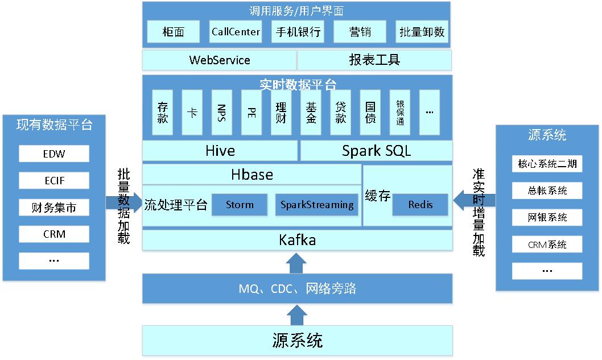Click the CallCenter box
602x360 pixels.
(x=236, y=32)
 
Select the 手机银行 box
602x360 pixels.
(x=298, y=32)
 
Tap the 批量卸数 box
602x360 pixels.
(x=422, y=32)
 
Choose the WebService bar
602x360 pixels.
(x=219, y=60)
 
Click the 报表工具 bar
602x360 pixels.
(x=374, y=60)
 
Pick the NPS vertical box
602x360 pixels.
(x=221, y=112)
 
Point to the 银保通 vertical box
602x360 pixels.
(x=399, y=112)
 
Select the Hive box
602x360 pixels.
(x=220, y=151)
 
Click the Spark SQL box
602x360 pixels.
(x=376, y=151)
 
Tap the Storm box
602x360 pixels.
(x=240, y=205)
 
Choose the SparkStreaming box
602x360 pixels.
(x=317, y=205)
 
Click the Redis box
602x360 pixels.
(x=420, y=205)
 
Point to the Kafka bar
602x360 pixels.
(x=297, y=240)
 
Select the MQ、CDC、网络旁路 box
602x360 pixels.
(x=297, y=288)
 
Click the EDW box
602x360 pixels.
(x=54, y=154)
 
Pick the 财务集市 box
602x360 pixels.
(x=54, y=208)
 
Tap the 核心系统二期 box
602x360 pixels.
(x=547, y=164)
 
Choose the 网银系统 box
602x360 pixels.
(x=547, y=217)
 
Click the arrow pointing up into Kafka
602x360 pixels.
(x=296, y=263)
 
